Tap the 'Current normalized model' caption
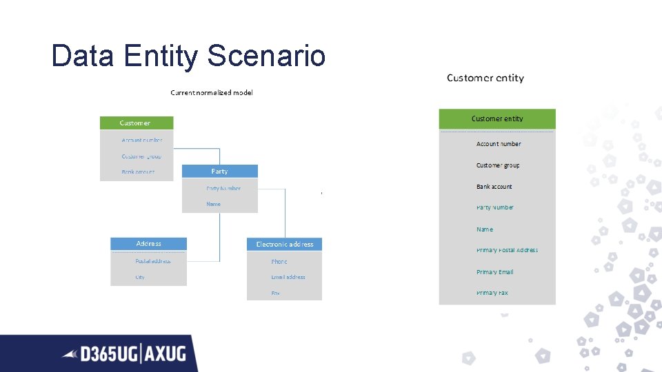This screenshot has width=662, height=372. (x=212, y=93)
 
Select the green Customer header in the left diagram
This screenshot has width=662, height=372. (x=137, y=123)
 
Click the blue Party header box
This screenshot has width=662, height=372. (x=219, y=171)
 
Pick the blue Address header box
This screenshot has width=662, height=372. (x=148, y=244)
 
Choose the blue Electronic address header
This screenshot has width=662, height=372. (x=284, y=245)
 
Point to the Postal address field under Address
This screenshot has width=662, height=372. (x=152, y=261)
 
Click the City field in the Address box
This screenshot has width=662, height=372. (x=140, y=277)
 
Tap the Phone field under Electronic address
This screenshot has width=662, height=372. (x=279, y=262)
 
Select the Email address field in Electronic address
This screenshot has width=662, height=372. (x=288, y=277)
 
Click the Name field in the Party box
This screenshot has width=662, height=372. (x=213, y=204)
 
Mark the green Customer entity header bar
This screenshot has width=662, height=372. (x=497, y=118)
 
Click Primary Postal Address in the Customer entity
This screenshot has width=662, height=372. (x=507, y=250)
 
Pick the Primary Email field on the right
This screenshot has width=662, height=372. (x=494, y=272)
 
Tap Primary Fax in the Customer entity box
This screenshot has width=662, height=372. (x=492, y=293)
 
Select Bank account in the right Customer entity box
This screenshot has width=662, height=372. (x=494, y=187)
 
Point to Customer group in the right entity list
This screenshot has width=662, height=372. (x=498, y=165)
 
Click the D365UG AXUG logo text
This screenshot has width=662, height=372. (x=133, y=354)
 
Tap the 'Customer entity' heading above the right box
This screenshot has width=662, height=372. (x=485, y=79)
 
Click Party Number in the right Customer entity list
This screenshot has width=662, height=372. (x=494, y=207)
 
